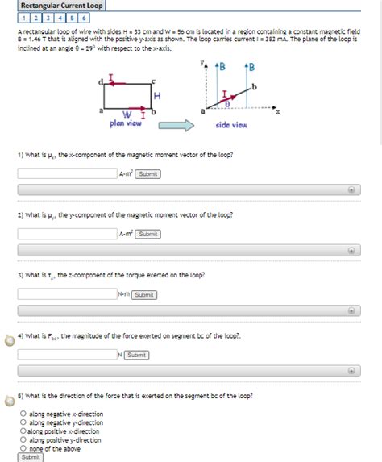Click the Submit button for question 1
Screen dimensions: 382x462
[147, 173]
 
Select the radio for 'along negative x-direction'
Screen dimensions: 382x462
[24, 414]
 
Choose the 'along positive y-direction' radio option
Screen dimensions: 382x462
[24, 440]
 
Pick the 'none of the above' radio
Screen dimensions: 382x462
[24, 448]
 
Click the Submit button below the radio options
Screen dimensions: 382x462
[31, 457]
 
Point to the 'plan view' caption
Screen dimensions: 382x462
[126, 123]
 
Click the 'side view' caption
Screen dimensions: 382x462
[231, 125]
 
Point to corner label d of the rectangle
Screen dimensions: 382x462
[100, 80]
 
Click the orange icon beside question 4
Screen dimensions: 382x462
[9, 339]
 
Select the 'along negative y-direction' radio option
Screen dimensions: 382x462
[24, 422]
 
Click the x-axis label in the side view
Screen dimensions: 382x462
[278, 113]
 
